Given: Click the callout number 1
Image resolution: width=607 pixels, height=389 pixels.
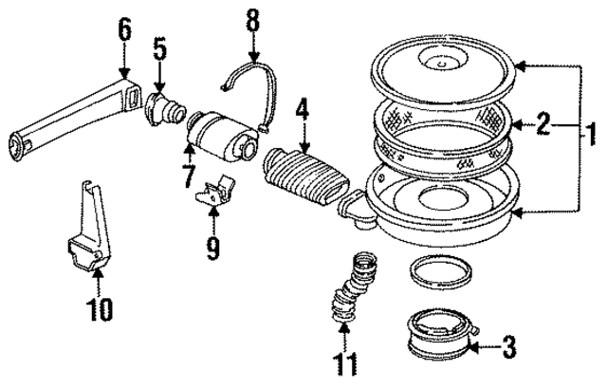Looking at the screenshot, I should coord(591,125).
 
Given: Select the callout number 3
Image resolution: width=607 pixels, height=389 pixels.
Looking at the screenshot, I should coord(507,348).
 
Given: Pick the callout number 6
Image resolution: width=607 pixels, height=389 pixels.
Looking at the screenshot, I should coord(123,30).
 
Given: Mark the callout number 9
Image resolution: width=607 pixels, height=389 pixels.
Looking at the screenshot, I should coord(213,250).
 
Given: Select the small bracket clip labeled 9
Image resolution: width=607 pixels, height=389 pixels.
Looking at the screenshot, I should coord(214,192).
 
